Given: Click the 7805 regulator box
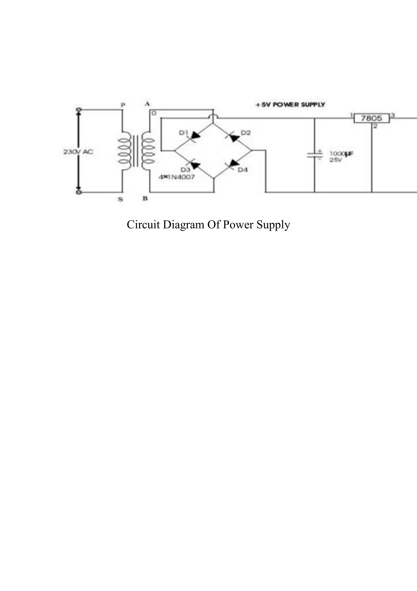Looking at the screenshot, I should coord(371,118).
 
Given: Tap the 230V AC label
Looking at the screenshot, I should coord(78,152).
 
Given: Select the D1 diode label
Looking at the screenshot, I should coord(184,133).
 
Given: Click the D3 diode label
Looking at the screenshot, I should coord(185,170).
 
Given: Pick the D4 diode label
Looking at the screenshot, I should coord(243,170).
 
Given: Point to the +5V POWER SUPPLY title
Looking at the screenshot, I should coord(290,105).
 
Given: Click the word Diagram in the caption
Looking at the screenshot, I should coord(183,225).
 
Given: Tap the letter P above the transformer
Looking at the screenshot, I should coord(123,105).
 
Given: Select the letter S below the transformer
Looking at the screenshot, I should coord(120,199).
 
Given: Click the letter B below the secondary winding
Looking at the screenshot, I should coord(145,199).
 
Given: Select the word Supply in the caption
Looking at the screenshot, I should coord(273,225).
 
